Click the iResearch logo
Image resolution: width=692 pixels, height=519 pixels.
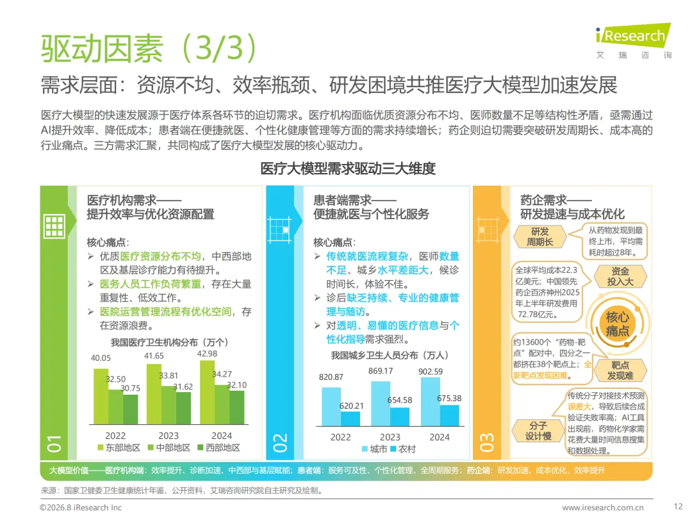pos(633,40)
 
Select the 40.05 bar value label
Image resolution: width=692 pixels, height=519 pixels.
pos(101,358)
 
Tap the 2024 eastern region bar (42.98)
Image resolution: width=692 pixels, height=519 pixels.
pos(208,392)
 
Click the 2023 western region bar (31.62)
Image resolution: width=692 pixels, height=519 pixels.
pos(184,408)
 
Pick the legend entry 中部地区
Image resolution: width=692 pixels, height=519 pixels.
pos(169,447)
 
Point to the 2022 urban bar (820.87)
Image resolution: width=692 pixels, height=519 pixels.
pos(331,406)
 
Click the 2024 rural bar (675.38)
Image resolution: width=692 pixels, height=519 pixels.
pos(449,415)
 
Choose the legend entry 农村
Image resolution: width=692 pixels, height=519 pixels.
pos(403,449)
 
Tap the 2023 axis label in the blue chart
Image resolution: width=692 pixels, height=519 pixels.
pos(390,438)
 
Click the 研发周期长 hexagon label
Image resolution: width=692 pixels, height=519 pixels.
pos(540,236)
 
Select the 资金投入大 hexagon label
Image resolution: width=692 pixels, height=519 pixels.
pos(620,276)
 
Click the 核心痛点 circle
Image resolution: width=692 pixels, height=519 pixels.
pos(618,324)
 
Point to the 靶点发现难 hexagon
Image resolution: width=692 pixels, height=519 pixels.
pos(620,370)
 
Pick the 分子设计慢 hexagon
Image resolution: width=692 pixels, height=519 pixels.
pos(538,431)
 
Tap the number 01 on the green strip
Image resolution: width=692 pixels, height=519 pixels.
pos(54,443)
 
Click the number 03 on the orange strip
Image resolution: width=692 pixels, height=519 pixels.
pos(487,443)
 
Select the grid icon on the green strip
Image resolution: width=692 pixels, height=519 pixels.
pos(54,226)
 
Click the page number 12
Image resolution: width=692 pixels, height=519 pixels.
pos(679,506)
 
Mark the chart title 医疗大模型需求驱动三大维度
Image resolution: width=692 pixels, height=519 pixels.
pos(348,168)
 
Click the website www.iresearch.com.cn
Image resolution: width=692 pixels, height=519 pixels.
pos(603,507)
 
